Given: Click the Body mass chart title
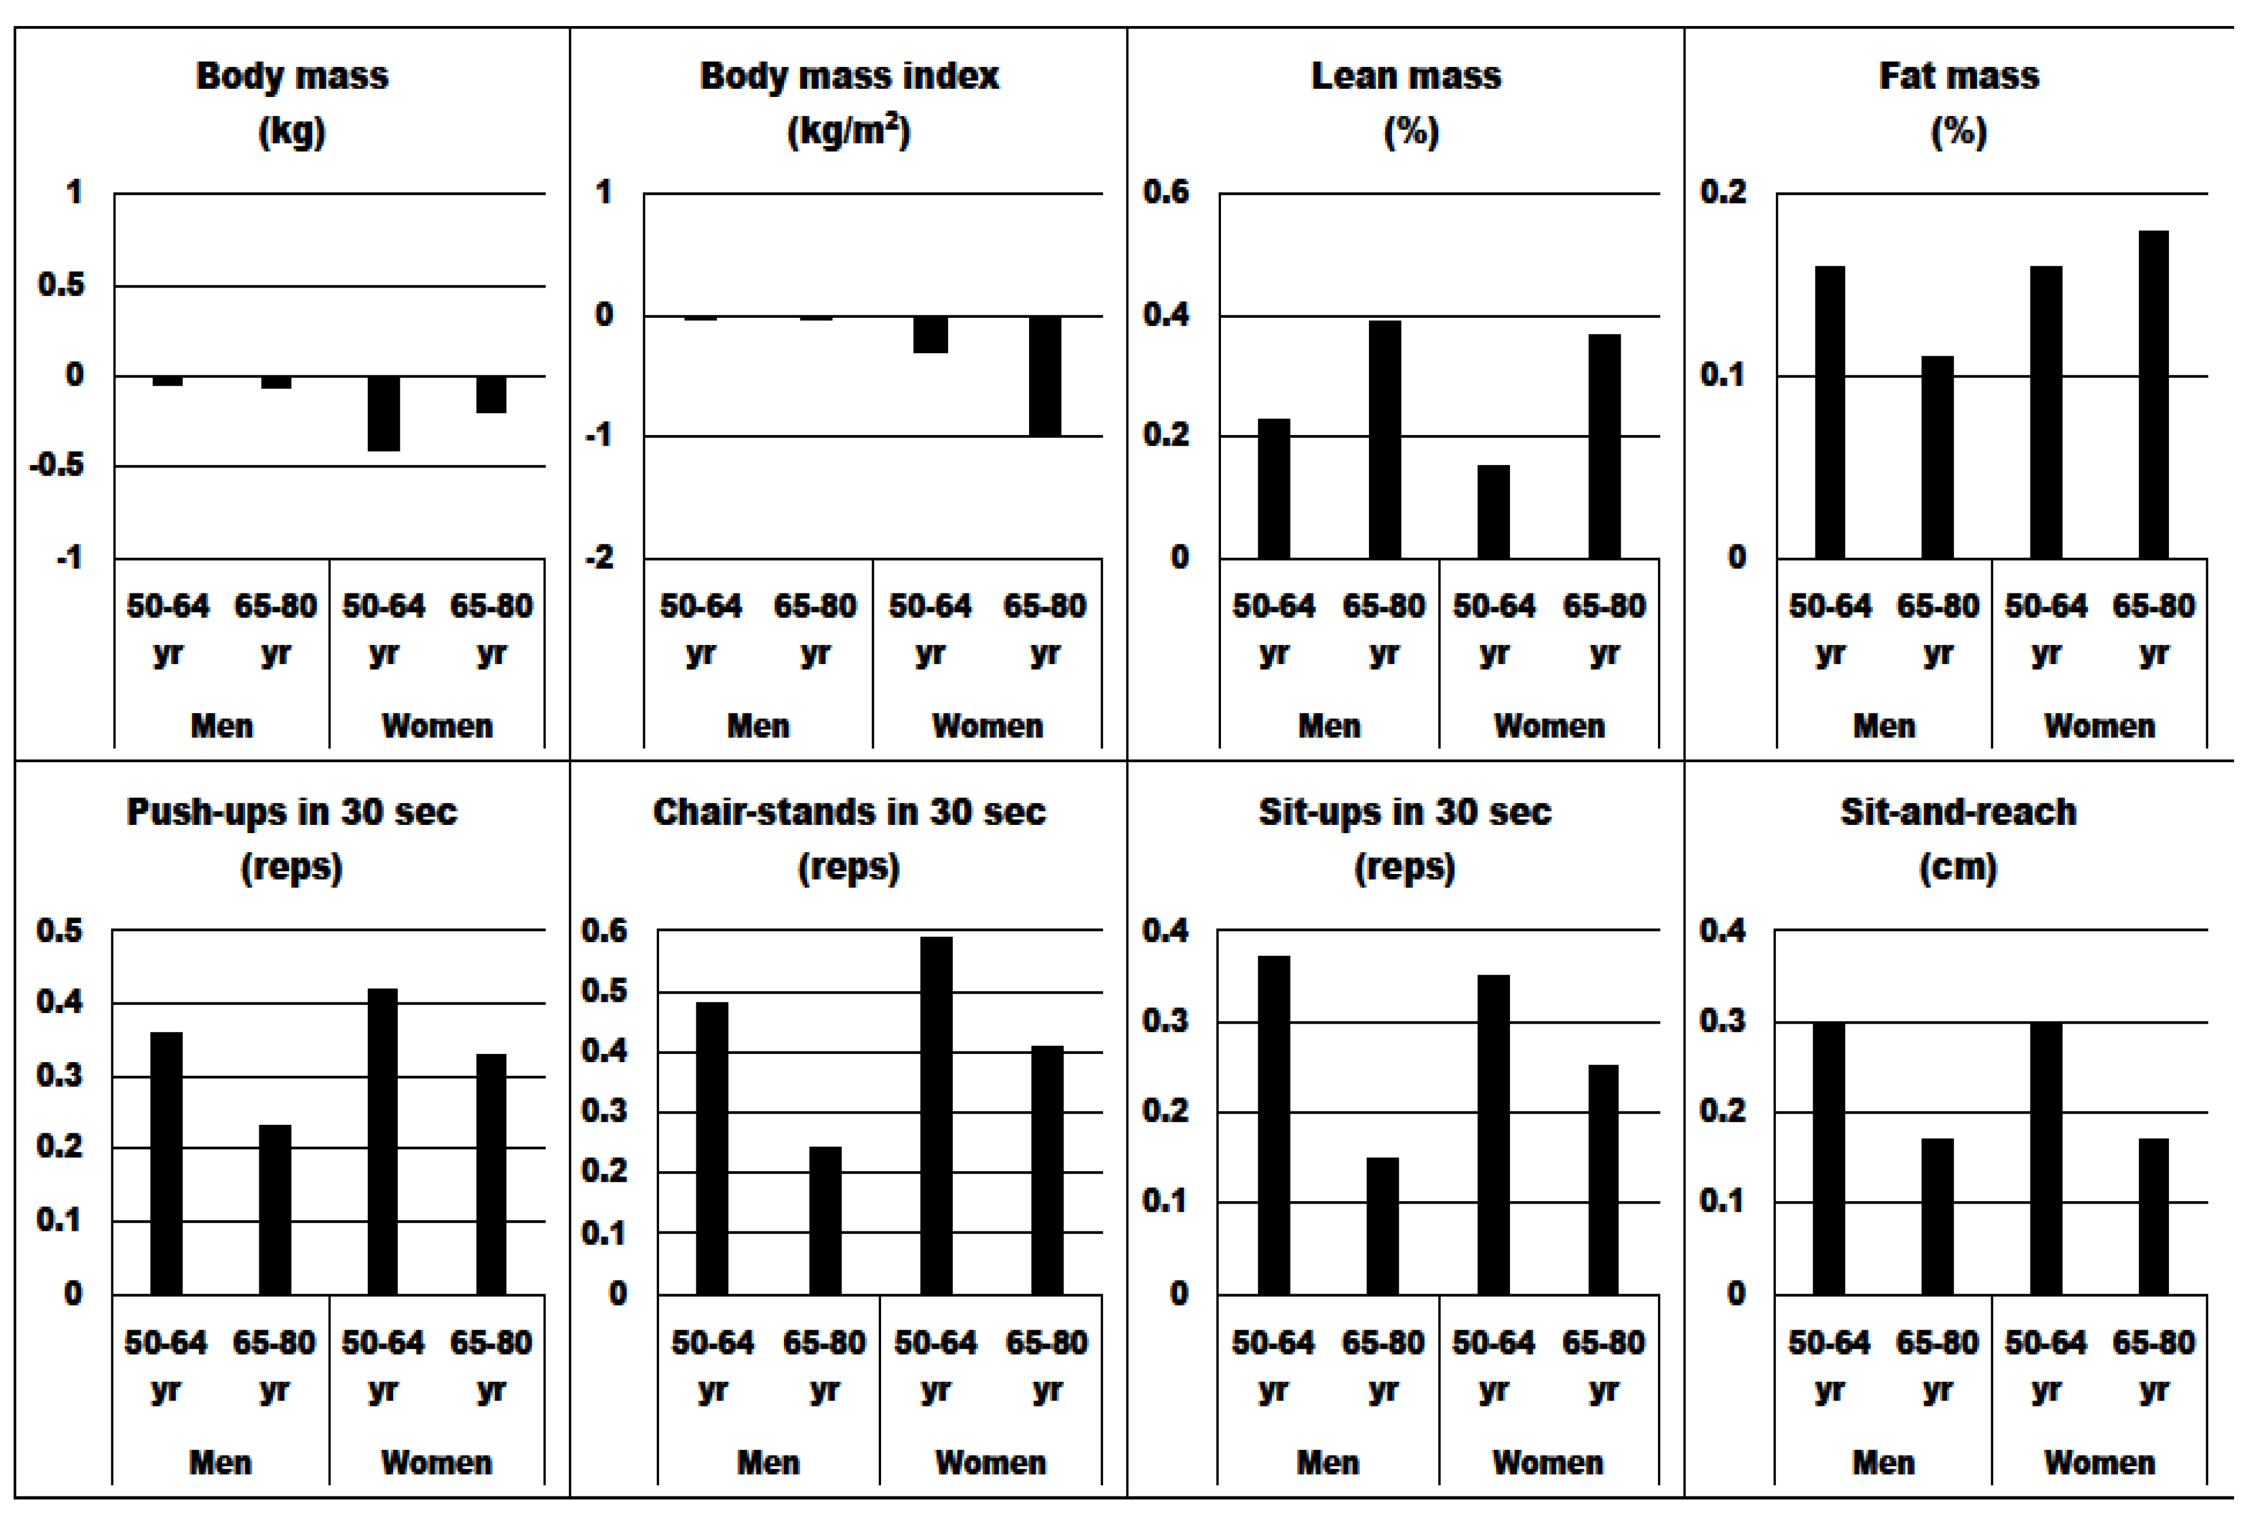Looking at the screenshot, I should [x=292, y=76].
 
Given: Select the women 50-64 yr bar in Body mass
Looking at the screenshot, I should [x=384, y=414].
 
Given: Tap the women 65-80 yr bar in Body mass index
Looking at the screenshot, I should [x=1045, y=376].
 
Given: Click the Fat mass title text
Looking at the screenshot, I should [x=1959, y=76].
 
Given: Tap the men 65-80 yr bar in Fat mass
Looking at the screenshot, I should [x=1937, y=457].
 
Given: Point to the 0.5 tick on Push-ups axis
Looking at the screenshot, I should [x=59, y=930].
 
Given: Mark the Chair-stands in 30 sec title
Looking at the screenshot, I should [x=849, y=812].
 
